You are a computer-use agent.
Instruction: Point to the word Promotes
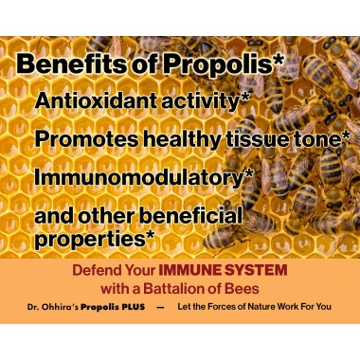click(80, 138)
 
